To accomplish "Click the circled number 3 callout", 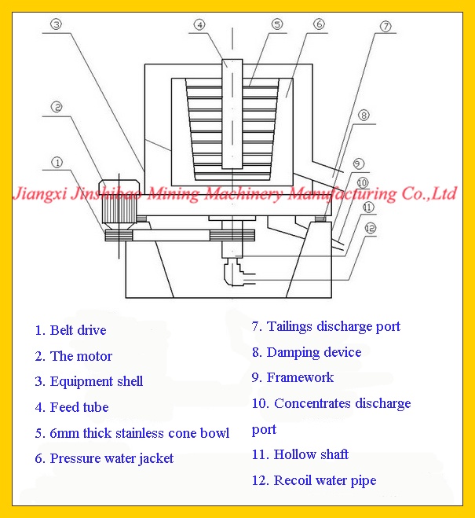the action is tap(56, 24).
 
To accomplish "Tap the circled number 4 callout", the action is tap(199, 24).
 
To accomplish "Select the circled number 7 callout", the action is tap(385, 26).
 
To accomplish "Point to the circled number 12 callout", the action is tap(370, 228).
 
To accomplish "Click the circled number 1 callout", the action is tap(57, 162).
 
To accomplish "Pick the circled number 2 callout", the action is tap(57, 107).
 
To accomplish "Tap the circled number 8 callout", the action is tap(364, 116).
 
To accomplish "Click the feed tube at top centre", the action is tap(232, 114).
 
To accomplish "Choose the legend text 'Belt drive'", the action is tap(79, 330).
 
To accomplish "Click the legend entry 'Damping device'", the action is tap(314, 353).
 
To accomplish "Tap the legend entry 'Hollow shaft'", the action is tap(311, 454).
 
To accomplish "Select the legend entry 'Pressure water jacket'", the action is tap(111, 459).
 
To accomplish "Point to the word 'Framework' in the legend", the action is tap(300, 377).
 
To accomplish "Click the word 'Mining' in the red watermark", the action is tap(173, 194).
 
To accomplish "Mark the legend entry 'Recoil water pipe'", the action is tap(325, 481).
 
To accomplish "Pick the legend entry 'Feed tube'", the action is tap(79, 407).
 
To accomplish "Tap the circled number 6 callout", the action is tap(319, 24).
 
